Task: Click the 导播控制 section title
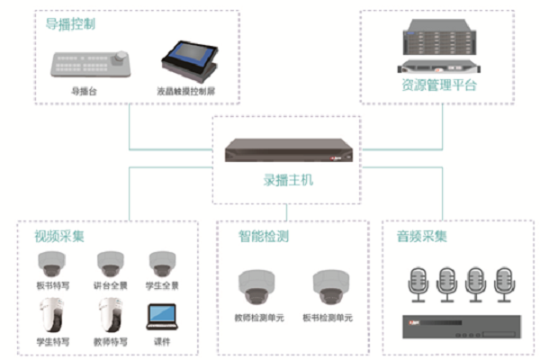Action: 71,24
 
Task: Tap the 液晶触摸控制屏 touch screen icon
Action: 190,59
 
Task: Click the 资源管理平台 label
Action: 439,86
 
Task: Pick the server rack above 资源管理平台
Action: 439,49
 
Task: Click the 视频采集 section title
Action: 59,237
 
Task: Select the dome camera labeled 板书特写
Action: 49,264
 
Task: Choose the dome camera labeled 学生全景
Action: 162,264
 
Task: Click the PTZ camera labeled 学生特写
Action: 49,314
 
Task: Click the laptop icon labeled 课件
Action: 162,316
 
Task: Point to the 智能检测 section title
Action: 262,237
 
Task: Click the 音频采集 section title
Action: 422,237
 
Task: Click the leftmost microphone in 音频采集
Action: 418,281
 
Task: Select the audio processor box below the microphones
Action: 461,323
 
